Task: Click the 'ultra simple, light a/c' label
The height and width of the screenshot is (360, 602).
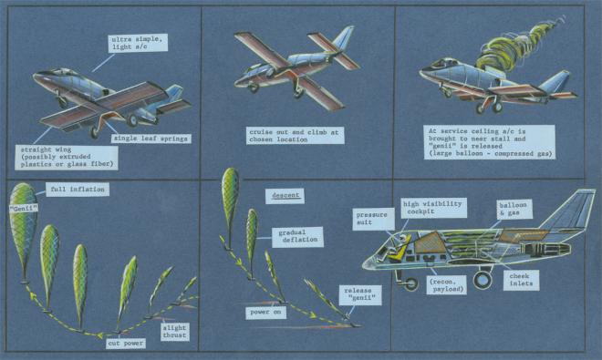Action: pyautogui.click(x=138, y=43)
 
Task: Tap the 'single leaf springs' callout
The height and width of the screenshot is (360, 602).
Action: pyautogui.click(x=150, y=139)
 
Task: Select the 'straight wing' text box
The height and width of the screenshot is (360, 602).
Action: pyautogui.click(x=67, y=157)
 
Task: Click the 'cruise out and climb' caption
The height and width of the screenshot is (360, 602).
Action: pyautogui.click(x=295, y=136)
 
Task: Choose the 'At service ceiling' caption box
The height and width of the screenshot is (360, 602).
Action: pyautogui.click(x=490, y=142)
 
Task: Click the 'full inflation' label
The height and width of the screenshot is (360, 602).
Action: pyautogui.click(x=78, y=190)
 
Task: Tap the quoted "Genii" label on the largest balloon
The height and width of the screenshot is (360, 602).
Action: pyautogui.click(x=24, y=209)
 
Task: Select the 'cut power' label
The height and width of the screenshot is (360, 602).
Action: pyautogui.click(x=126, y=344)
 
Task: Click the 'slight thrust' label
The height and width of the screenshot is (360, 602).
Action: pyautogui.click(x=174, y=332)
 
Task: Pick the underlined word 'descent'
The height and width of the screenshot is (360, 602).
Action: pyautogui.click(x=285, y=196)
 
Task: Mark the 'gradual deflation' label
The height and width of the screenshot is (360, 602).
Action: pyautogui.click(x=297, y=236)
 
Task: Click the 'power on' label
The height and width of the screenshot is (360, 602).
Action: pyautogui.click(x=265, y=313)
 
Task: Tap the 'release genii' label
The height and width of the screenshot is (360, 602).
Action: pyautogui.click(x=360, y=294)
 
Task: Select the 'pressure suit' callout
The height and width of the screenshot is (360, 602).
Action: pyautogui.click(x=371, y=219)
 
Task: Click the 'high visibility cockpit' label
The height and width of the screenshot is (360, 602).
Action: pyautogui.click(x=433, y=208)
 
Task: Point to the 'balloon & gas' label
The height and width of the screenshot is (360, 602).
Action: pyautogui.click(x=514, y=210)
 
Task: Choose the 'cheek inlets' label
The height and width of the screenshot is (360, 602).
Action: pyautogui.click(x=521, y=280)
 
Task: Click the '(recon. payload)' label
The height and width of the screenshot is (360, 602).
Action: pyautogui.click(x=447, y=285)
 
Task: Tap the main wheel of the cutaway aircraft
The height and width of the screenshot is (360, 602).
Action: pyautogui.click(x=483, y=280)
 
